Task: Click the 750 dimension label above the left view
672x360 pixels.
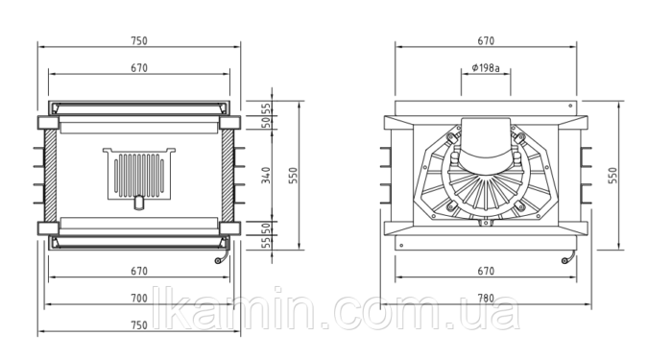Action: pos(139,40)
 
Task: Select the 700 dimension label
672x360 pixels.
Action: pos(139,298)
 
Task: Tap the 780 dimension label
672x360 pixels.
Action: pos(486,298)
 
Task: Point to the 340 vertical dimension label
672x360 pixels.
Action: pos(267,176)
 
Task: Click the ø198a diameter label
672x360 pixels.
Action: pos(486,68)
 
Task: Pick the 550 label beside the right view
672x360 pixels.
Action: pos(613,176)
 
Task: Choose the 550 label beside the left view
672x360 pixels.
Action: pos(293,176)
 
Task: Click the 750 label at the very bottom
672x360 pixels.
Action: pos(139,324)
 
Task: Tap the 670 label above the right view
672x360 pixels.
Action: pos(486,40)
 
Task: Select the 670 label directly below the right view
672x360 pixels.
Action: pos(486,271)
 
